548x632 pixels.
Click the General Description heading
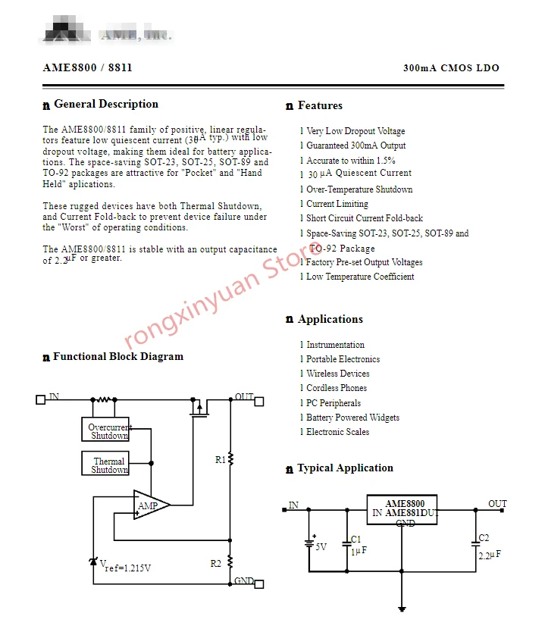click(x=106, y=105)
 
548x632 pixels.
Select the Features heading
click(x=320, y=106)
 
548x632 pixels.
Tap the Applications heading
click(x=330, y=320)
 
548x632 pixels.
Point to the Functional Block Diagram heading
click(x=117, y=357)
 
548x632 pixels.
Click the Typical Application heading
click(x=345, y=468)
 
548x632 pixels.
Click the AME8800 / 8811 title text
click(x=88, y=67)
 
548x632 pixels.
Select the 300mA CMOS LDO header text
click(x=451, y=68)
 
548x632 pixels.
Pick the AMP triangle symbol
click(x=149, y=505)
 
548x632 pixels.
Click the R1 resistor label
click(x=220, y=459)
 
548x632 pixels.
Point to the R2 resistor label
click(x=216, y=563)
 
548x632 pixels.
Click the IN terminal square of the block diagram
click(x=41, y=399)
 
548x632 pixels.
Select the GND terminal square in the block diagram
click(x=258, y=584)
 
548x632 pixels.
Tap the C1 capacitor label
click(x=356, y=539)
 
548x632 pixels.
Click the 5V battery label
click(x=321, y=546)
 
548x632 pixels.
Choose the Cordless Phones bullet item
click(x=337, y=388)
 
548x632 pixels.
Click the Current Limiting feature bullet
click(x=337, y=204)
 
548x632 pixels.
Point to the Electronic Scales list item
click(x=338, y=432)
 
